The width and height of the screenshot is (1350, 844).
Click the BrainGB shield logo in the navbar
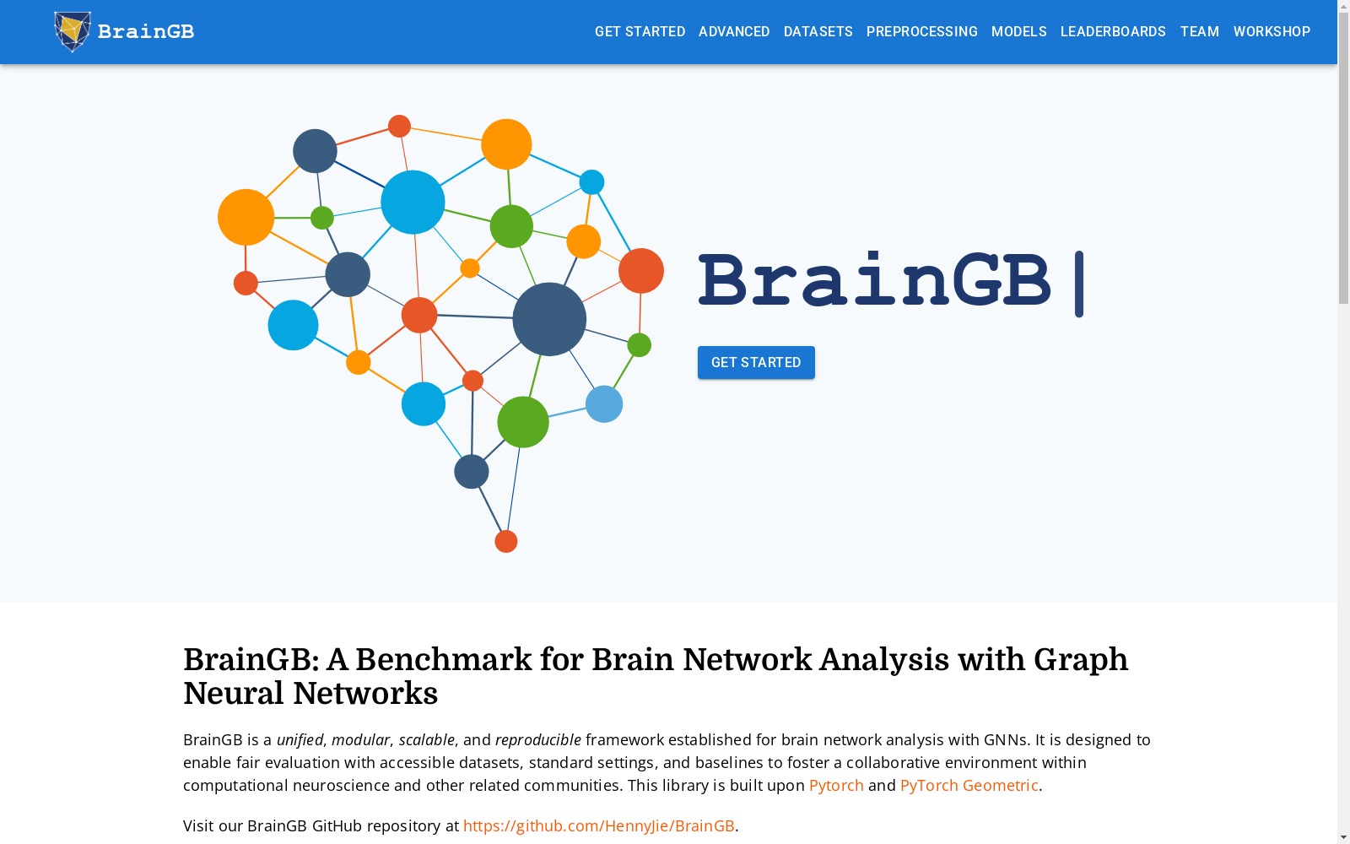[73, 31]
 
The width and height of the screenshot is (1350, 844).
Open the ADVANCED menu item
[734, 31]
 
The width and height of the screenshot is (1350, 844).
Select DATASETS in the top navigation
[818, 31]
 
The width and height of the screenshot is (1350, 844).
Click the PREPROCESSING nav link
[921, 31]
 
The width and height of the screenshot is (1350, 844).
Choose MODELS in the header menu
[1018, 31]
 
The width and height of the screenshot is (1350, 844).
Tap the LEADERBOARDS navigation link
[1113, 31]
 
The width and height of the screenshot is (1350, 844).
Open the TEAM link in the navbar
[1199, 31]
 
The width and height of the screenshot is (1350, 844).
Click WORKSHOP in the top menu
[1272, 31]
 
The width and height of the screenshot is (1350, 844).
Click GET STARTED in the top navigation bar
[640, 31]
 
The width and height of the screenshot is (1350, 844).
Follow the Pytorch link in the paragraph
[836, 786]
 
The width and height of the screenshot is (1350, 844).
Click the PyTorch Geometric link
[969, 786]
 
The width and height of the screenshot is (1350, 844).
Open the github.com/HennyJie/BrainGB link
[598, 826]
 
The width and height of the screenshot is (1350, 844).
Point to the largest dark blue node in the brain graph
[549, 319]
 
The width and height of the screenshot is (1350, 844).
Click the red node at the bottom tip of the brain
[505, 541]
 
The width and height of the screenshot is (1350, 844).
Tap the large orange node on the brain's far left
[246, 217]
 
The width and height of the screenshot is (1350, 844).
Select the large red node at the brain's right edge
[641, 271]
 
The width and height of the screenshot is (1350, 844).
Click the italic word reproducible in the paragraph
[538, 739]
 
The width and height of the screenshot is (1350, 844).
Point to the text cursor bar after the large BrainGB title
[1079, 284]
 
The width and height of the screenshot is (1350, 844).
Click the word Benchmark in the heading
[444, 659]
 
